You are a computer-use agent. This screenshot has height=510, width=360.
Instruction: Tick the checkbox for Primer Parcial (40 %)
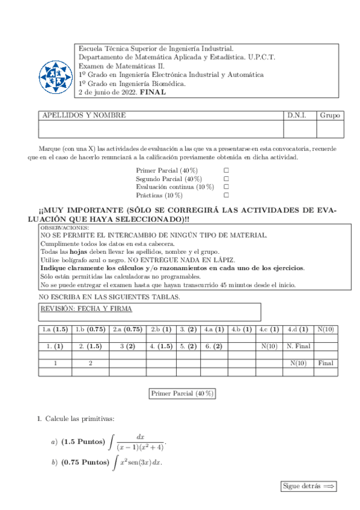227,171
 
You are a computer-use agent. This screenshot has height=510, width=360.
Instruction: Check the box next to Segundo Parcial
227,179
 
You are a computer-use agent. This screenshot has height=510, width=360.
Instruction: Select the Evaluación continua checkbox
227,187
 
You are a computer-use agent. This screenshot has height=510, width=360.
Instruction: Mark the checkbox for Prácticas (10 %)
227,195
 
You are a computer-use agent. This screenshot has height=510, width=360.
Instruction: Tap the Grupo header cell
330,115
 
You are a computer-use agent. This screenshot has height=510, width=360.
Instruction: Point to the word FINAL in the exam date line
153,93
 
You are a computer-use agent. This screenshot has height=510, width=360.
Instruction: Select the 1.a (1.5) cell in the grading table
55,330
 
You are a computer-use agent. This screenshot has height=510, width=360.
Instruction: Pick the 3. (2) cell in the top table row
189,330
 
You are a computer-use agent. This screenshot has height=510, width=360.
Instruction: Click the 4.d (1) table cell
297,330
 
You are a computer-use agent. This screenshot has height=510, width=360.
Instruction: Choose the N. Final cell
297,346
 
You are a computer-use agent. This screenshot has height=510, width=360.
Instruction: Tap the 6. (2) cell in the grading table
213,346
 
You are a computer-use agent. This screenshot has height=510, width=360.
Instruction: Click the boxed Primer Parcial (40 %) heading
182,393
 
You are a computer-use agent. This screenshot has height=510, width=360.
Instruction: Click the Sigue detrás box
309,486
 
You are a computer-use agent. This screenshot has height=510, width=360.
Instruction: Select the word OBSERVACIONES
64,229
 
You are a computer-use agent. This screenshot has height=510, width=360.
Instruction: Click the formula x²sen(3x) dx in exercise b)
142,462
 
